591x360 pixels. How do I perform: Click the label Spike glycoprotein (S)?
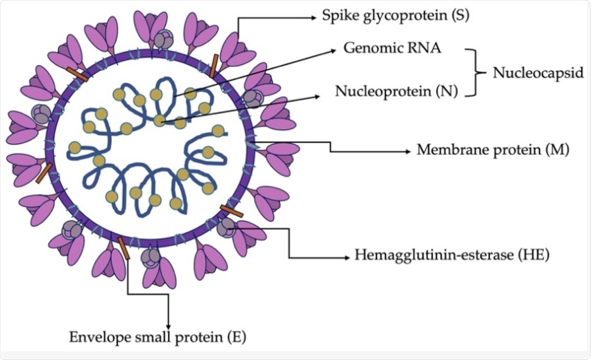click(x=395, y=15)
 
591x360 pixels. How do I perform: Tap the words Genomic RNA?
click(x=393, y=48)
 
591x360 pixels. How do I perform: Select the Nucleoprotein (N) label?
click(x=397, y=90)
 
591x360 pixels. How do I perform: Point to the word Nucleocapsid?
click(x=538, y=73)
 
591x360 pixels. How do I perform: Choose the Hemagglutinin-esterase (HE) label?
click(x=452, y=255)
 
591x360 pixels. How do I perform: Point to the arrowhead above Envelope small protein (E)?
click(x=169, y=324)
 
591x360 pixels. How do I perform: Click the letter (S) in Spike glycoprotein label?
click(x=460, y=15)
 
